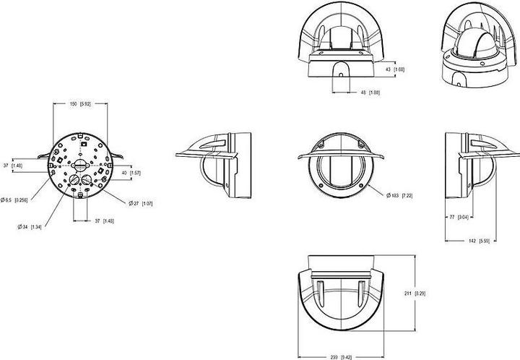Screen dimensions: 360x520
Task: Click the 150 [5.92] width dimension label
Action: click(79, 104)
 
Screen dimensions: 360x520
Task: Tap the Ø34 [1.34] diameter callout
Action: click(30, 227)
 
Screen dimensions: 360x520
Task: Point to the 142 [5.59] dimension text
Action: click(480, 241)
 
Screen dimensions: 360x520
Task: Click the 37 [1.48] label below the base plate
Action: click(103, 220)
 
